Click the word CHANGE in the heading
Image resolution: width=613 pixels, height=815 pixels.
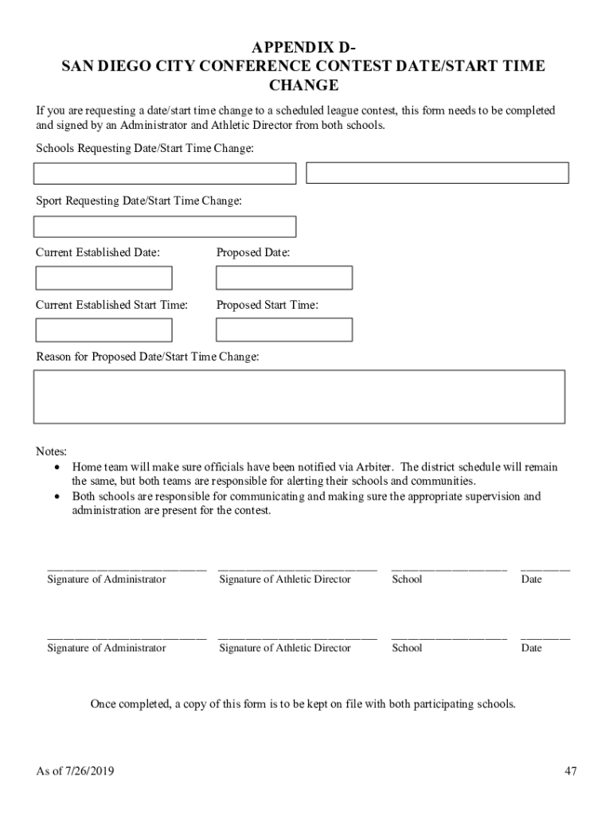pos(304,86)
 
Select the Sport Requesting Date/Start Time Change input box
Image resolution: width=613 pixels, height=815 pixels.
pos(165,227)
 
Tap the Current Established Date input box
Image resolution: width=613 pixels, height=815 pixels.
pos(103,278)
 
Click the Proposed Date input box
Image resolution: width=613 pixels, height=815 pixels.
pos(284,278)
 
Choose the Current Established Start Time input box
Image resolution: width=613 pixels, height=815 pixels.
pos(103,330)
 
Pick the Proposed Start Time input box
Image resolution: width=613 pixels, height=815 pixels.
pos(284,330)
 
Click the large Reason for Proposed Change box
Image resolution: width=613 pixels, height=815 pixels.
pos(299,396)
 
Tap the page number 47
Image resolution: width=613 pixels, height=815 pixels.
pos(570,770)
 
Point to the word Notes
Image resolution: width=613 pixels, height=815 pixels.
pos(51,451)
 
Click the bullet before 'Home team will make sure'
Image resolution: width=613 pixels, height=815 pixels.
pos(57,467)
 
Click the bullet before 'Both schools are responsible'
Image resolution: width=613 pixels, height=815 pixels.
pos(57,497)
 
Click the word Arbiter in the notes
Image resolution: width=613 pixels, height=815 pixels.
pos(374,467)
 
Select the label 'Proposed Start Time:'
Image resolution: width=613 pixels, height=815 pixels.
pos(267,305)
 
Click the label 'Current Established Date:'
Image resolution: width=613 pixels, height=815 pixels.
pos(98,253)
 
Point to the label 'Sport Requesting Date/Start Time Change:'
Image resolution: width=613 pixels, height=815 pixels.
pos(139,201)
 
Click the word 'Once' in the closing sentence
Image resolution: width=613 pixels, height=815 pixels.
pos(103,704)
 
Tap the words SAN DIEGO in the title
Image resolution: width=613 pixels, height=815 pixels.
pos(103,66)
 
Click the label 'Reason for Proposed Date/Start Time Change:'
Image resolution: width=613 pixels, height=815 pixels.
pos(147,357)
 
